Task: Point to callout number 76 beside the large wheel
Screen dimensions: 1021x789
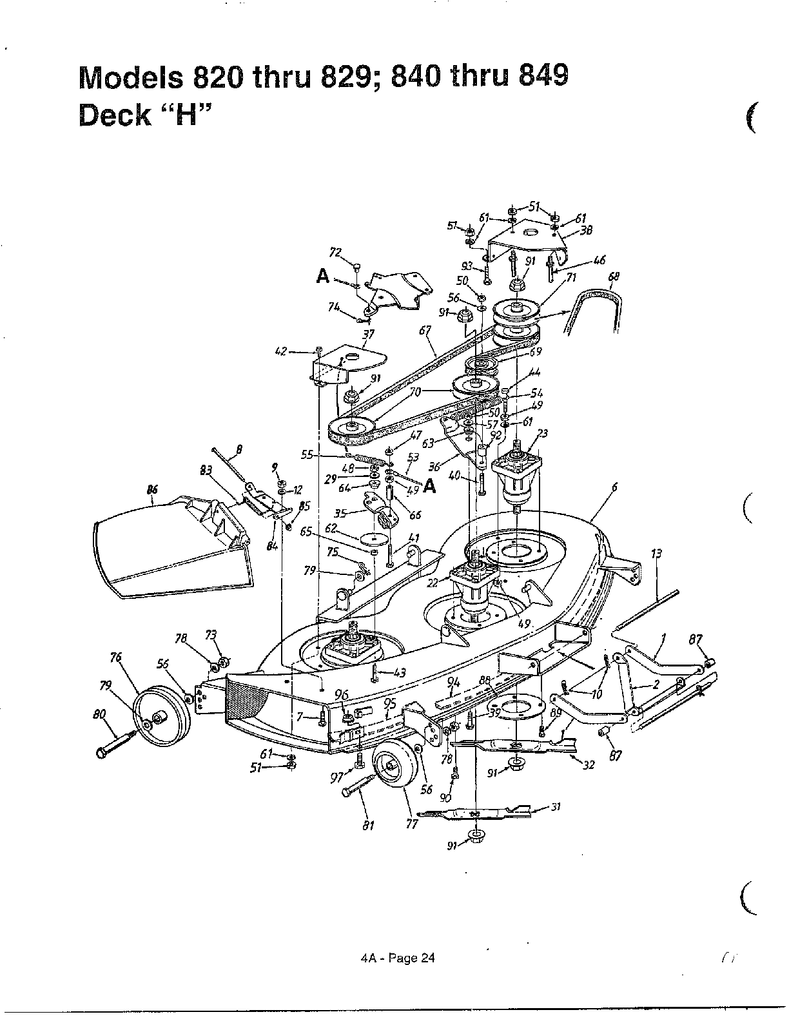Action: tap(115, 658)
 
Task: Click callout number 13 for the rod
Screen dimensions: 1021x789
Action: tap(657, 553)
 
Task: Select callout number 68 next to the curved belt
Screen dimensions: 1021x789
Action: tap(613, 277)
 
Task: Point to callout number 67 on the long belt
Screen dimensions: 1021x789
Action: tap(425, 330)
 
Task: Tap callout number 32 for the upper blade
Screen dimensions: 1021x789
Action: tap(588, 765)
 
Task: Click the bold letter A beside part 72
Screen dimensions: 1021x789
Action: tap(323, 277)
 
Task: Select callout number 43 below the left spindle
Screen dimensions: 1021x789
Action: tap(399, 672)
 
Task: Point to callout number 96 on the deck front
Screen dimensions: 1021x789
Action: tap(342, 695)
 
